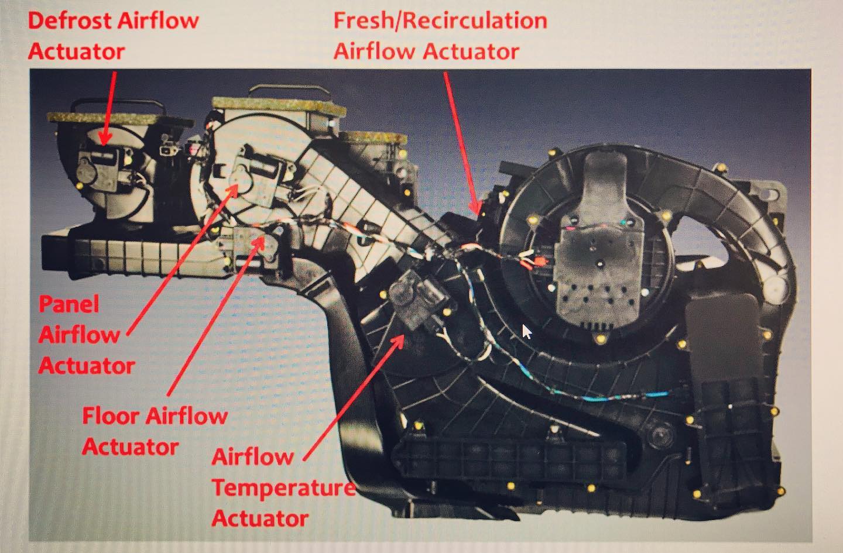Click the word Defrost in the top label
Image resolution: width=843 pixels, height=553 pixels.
[x=70, y=20]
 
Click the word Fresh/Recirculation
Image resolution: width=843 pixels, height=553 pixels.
[x=440, y=20]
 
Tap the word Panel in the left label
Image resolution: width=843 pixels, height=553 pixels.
[x=69, y=304]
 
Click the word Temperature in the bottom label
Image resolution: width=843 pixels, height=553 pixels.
[x=284, y=488]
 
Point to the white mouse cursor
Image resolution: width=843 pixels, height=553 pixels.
[x=526, y=331]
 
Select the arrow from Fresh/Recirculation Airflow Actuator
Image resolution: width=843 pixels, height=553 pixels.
[x=462, y=143]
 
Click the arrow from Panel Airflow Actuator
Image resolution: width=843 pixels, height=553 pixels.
[x=183, y=260]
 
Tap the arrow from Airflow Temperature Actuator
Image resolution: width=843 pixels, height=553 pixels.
[x=354, y=398]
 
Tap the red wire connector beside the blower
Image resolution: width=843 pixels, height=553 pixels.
[x=539, y=261]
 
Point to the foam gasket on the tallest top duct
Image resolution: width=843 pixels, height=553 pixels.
[x=279, y=106]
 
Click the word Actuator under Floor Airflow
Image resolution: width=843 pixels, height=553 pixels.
[x=130, y=447]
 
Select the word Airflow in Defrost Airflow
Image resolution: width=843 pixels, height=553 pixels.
[x=158, y=20]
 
